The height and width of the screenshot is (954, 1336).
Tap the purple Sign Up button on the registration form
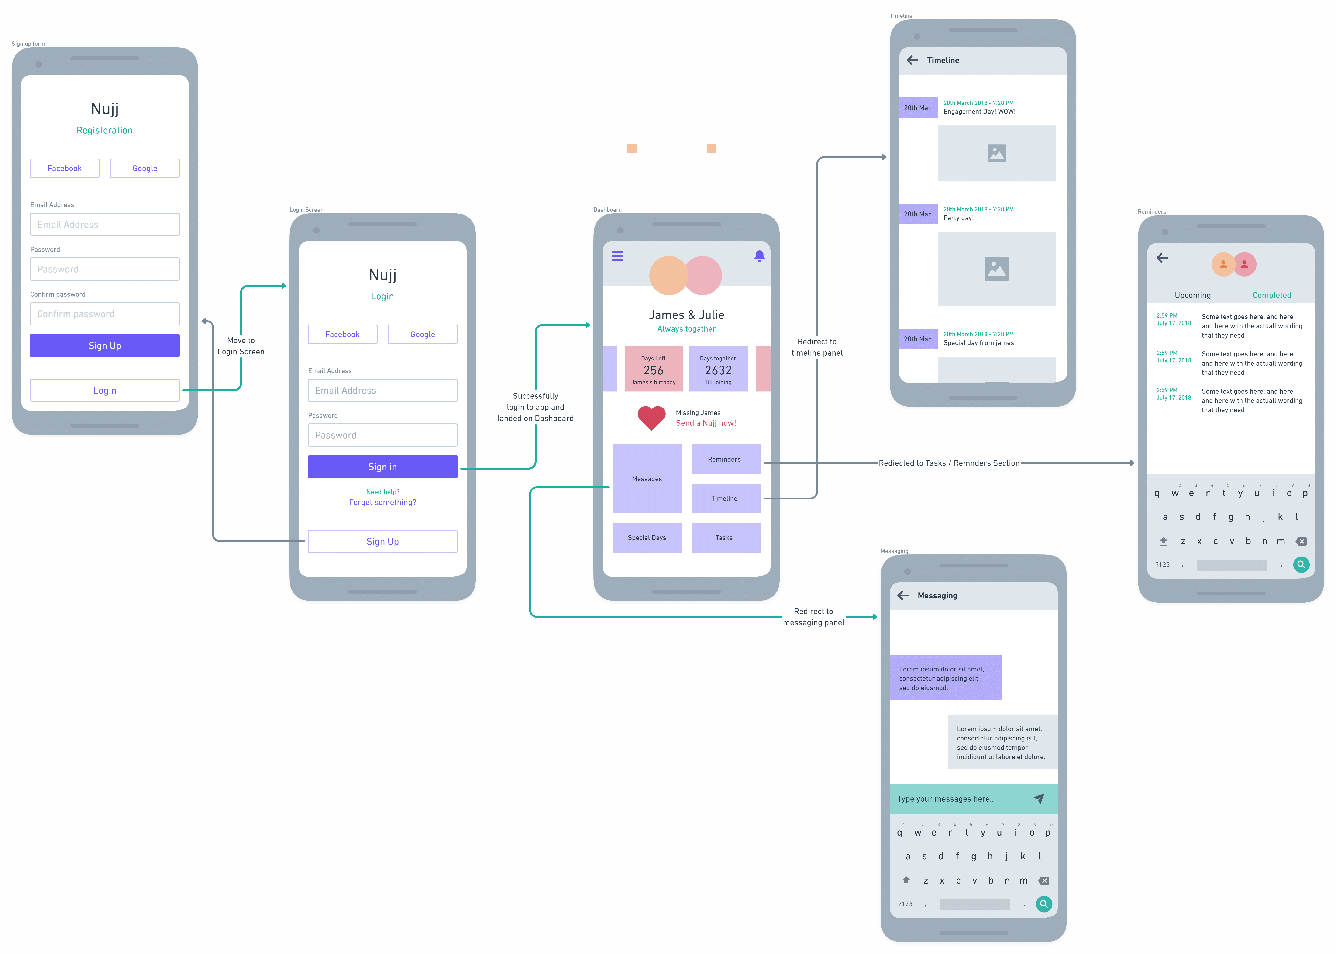[104, 346]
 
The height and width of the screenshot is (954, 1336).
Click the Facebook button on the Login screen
[342, 334]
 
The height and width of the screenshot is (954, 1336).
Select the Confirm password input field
[104, 314]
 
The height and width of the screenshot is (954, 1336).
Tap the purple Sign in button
[382, 467]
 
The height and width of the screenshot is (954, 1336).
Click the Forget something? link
[382, 502]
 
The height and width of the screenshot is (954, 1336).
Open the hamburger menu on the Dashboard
[617, 256]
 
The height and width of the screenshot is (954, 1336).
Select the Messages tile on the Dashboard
[647, 479]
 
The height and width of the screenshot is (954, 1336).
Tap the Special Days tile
[647, 538]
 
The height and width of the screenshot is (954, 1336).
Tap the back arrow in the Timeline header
[912, 60]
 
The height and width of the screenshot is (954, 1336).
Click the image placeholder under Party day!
[997, 269]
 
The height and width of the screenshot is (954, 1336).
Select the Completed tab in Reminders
[1271, 295]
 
